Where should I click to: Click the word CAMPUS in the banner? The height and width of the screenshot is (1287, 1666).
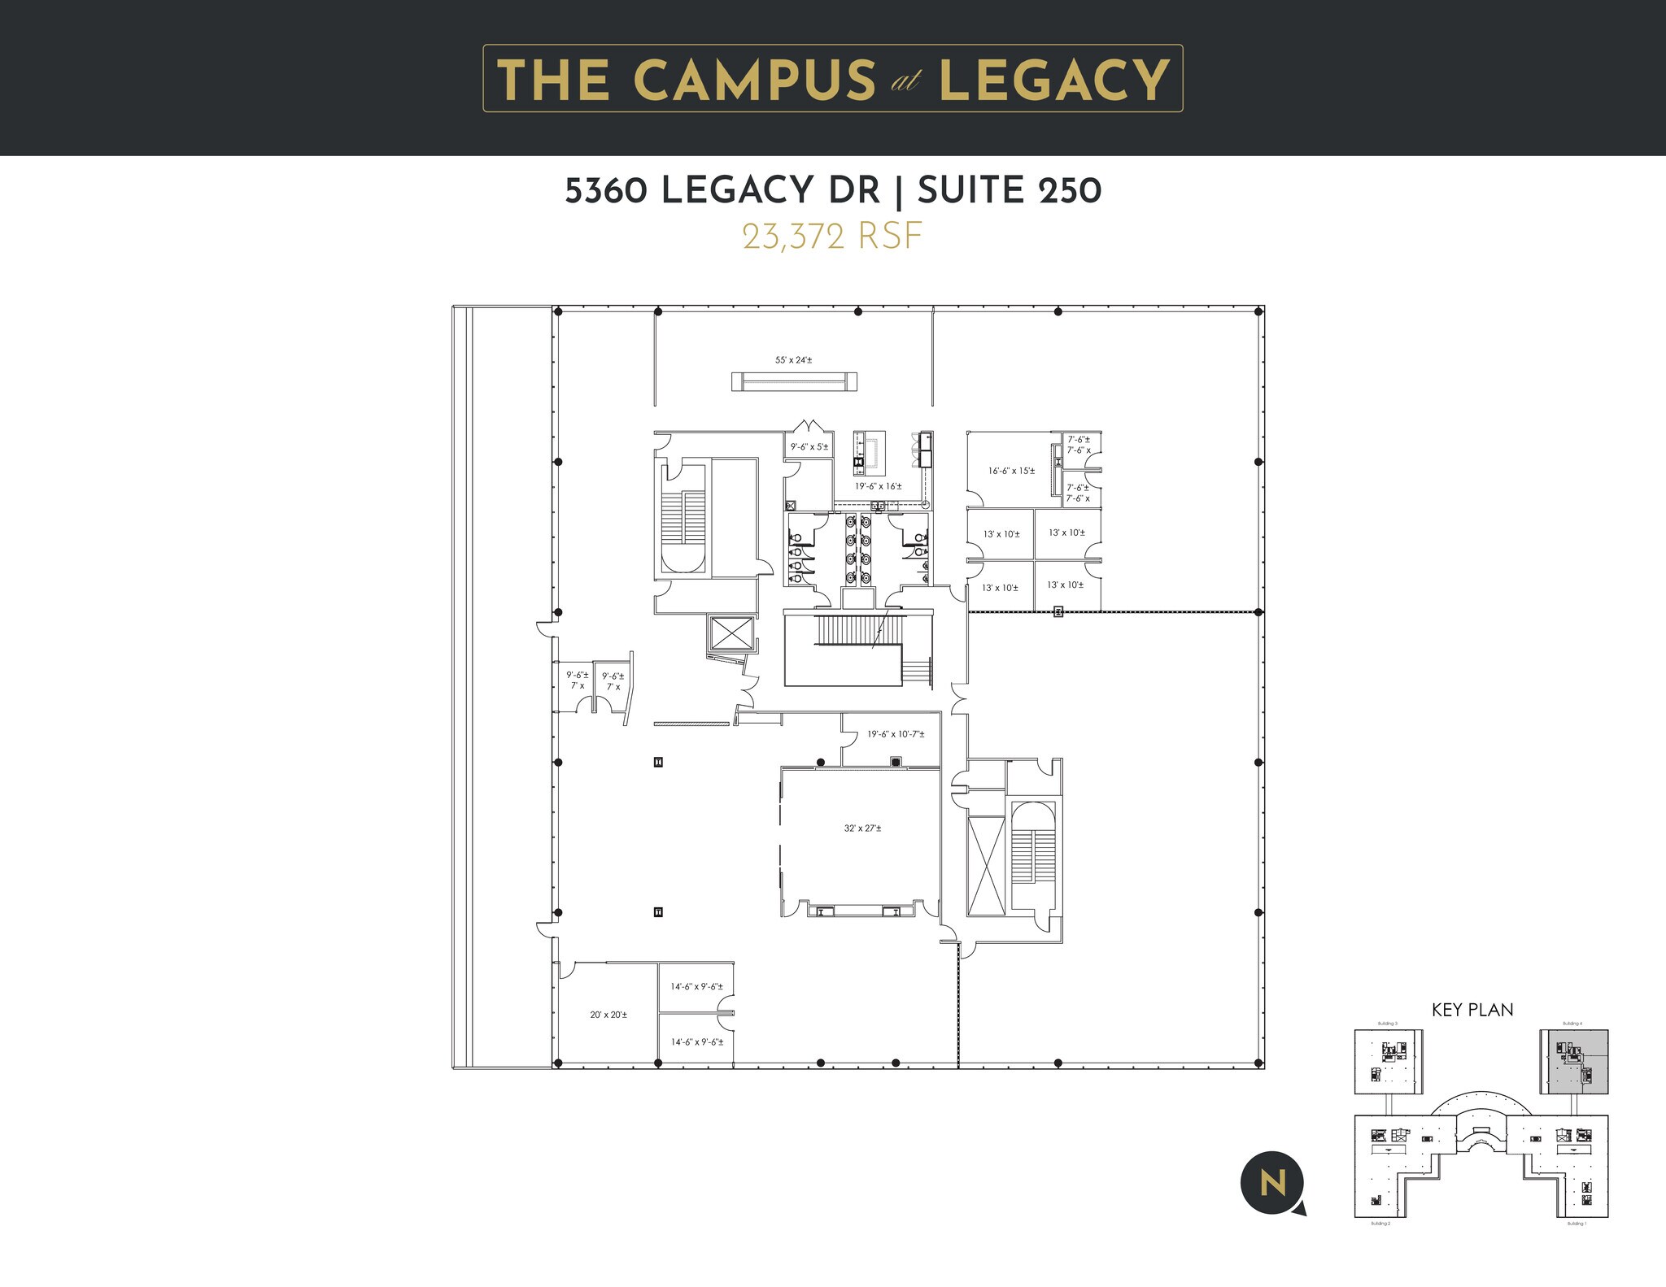753,80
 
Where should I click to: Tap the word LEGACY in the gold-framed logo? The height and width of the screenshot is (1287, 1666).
1054,80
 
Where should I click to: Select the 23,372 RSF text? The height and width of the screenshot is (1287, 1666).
832,237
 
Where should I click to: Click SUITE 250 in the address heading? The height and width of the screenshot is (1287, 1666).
1010,191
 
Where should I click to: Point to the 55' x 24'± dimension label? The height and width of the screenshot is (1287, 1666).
793,359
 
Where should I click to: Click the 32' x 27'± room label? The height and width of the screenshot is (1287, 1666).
862,828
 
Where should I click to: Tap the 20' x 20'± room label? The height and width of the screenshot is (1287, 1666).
608,1015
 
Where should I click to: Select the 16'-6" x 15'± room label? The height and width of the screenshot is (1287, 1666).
1011,471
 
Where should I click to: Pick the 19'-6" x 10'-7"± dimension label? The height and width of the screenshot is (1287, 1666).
895,734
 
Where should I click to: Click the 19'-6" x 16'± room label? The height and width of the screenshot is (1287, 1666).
878,486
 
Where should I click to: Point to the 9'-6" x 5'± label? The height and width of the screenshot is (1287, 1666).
809,446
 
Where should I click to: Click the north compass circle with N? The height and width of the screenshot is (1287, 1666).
1271,1184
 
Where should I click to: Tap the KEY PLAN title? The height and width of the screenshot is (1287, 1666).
1472,1010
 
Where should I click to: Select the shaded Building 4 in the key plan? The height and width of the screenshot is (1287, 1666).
1573,1063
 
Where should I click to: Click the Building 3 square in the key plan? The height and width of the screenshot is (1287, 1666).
1388,1063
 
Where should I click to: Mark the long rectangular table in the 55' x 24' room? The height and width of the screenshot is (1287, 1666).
794,380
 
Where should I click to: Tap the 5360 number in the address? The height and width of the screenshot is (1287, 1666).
606,191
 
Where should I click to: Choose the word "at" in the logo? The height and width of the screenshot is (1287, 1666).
905,82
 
